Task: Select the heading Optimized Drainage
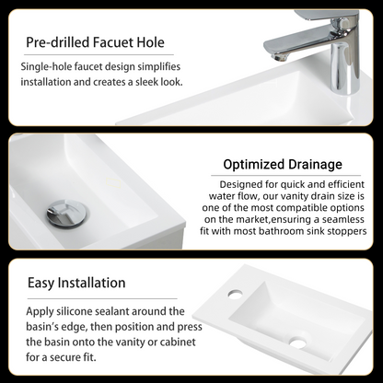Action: coord(283,165)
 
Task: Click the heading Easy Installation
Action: coord(76,283)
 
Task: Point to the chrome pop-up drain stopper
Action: coord(67,213)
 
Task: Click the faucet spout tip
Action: coord(278,58)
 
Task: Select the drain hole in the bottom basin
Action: coord(298,342)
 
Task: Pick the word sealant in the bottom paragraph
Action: coord(112,311)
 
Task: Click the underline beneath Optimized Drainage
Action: coord(285,176)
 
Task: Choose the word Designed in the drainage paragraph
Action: coord(237,184)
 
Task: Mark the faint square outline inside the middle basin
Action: coord(113,183)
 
